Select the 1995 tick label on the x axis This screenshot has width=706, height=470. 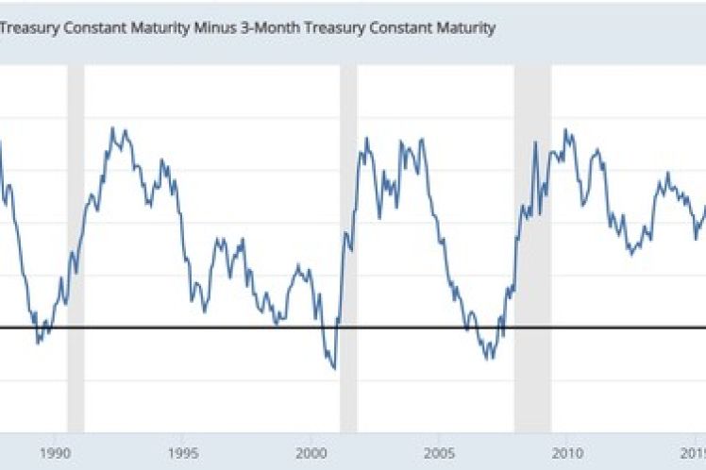coord(183,451)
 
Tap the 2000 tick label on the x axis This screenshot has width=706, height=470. coord(311,451)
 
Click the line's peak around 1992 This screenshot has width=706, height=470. coord(114,128)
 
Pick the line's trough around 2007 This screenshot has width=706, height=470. coord(488,359)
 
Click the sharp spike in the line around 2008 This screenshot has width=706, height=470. coord(535,143)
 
